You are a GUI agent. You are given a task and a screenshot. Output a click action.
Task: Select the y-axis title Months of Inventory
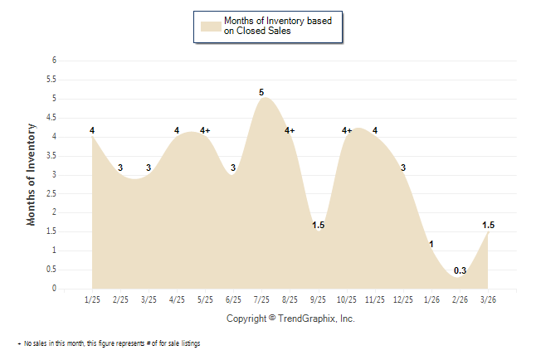32,174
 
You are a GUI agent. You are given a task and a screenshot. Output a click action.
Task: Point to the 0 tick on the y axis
54,289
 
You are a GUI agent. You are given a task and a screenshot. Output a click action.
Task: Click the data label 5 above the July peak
261,92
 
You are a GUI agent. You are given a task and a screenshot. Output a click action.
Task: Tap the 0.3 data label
460,270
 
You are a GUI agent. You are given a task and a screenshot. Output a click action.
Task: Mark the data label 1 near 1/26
431,244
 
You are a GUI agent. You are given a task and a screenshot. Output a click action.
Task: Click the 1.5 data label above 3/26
489,225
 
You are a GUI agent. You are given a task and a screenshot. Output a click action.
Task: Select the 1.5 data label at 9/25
318,225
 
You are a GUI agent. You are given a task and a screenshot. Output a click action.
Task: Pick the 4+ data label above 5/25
205,130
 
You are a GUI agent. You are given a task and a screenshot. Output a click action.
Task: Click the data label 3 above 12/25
403,168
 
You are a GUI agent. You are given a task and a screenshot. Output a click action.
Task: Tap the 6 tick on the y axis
54,61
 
